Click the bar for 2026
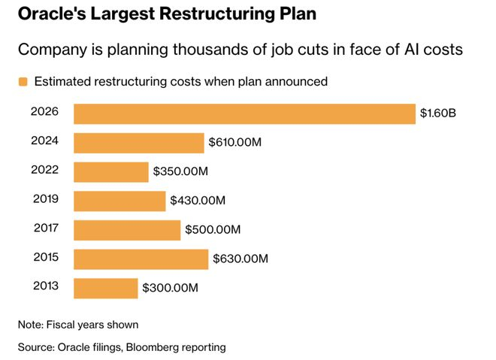tap(244, 113)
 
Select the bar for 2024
tap(139, 143)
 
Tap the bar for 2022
tap(111, 171)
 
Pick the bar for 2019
tap(119, 201)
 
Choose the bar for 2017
tap(127, 230)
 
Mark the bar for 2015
tap(141, 259)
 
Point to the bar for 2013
tap(106, 288)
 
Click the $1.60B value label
tap(438, 113)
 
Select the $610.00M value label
tap(235, 143)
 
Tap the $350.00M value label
tap(180, 171)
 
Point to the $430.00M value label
tap(197, 201)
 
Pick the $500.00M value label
tap(213, 230)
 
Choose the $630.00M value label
tap(240, 259)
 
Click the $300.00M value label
tap(171, 288)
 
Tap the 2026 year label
tap(45, 112)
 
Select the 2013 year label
tap(45, 286)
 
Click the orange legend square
tap(23, 82)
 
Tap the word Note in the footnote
tap(32, 325)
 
